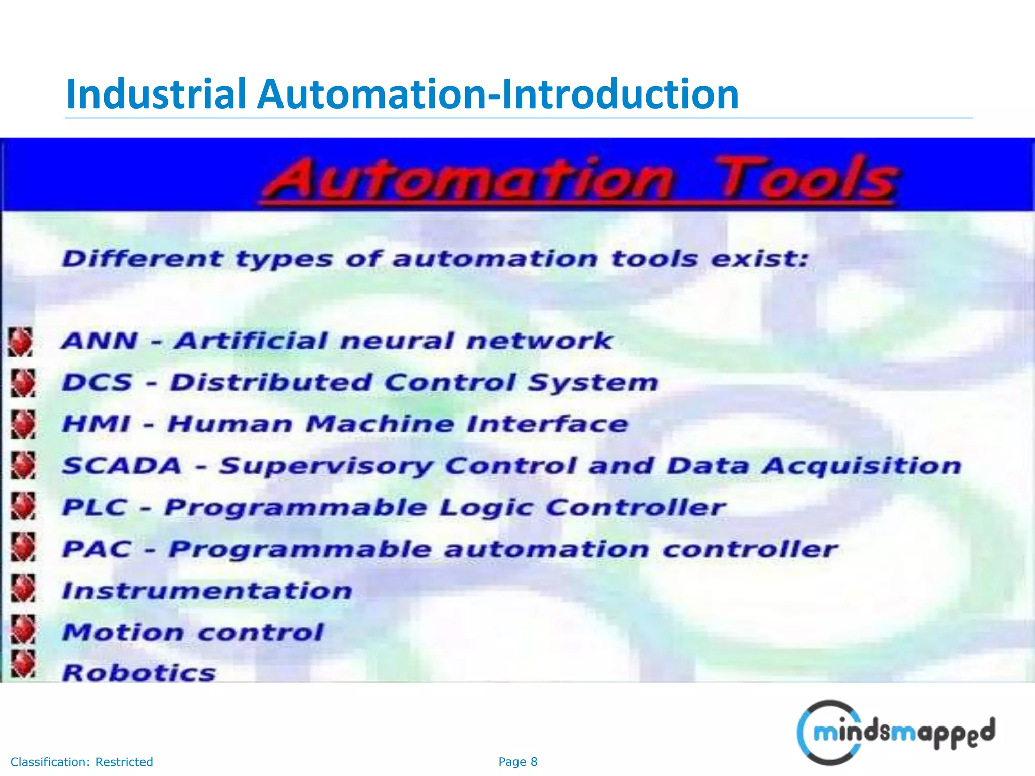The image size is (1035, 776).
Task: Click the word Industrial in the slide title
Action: (x=156, y=94)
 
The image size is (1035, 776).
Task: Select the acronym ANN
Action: (x=100, y=341)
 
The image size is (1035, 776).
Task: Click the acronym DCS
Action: (x=97, y=382)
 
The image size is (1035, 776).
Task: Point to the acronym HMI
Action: (x=96, y=424)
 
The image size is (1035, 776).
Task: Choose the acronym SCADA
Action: (x=122, y=465)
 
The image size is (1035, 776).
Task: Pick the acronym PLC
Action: (x=95, y=507)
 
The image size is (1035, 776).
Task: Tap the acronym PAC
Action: (x=97, y=549)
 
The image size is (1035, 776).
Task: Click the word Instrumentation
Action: (x=207, y=591)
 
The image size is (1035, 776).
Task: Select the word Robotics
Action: (x=139, y=673)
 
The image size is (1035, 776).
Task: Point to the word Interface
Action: (x=547, y=424)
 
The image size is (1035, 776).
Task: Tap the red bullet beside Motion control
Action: (x=23, y=630)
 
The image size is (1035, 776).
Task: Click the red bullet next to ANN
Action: (x=21, y=342)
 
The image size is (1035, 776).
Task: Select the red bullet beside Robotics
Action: (x=23, y=664)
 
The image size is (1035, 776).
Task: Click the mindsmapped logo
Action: (x=895, y=733)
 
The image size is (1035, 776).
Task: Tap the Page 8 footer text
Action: (x=517, y=762)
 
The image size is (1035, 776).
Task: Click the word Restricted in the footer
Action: (x=124, y=762)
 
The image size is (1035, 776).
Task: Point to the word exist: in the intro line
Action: (x=760, y=259)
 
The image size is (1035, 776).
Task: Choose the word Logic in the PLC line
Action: (x=486, y=507)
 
